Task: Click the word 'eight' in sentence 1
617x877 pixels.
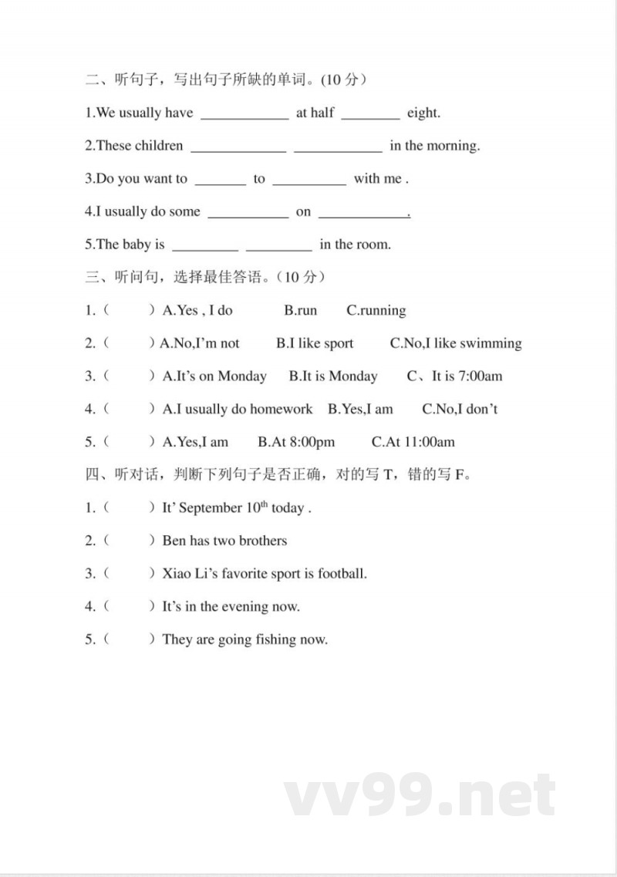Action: (423, 113)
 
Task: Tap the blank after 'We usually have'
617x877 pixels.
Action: (244, 115)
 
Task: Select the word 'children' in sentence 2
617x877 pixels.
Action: (159, 146)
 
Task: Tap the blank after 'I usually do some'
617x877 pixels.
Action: (248, 214)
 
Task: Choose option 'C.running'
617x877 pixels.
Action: (376, 311)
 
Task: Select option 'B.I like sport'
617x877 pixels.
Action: (315, 344)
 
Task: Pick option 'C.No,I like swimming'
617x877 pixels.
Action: (456, 344)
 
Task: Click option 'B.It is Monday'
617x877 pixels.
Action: (333, 376)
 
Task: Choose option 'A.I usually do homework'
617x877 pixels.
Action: (238, 410)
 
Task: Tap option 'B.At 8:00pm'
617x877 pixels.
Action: (296, 442)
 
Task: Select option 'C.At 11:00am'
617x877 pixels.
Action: (413, 442)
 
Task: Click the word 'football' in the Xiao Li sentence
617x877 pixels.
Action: (341, 574)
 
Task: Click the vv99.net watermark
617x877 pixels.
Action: (420, 795)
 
